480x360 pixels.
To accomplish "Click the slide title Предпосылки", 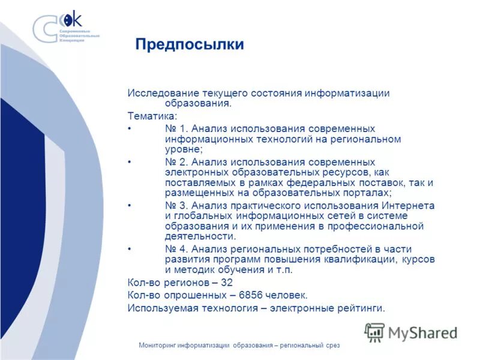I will [x=189, y=45].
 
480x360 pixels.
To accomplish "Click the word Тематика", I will [x=151, y=116].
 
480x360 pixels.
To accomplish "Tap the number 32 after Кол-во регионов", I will [x=226, y=282].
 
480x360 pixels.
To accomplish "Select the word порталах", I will [x=365, y=193].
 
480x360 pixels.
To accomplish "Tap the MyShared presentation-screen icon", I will [x=374, y=332].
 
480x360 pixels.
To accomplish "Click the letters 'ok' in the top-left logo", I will [x=73, y=19].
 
